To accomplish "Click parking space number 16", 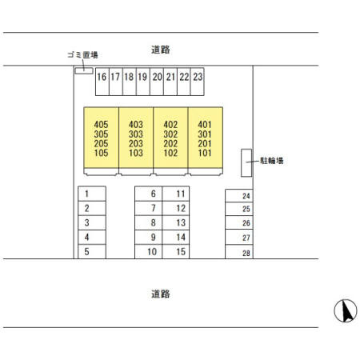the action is (x=102, y=81).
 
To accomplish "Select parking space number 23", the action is (x=198, y=81).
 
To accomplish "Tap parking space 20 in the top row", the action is (x=157, y=81).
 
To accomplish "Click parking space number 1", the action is (x=92, y=194).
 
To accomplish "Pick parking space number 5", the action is (x=92, y=251).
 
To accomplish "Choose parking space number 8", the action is (x=149, y=222).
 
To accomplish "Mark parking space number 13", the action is (x=176, y=222).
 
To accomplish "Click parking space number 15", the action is (x=176, y=251).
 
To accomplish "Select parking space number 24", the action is (x=239, y=196).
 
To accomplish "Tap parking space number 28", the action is (x=239, y=252).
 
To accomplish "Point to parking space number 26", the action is (x=239, y=222).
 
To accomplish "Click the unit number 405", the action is (x=101, y=125).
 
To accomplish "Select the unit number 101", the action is (x=205, y=153).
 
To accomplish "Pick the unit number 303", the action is (x=136, y=134).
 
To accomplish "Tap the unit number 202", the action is (x=170, y=143).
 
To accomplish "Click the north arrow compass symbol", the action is (x=346, y=310).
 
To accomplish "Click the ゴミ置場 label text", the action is (x=82, y=55).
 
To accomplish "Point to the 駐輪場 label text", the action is (x=272, y=161).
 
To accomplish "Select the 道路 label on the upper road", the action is (x=161, y=50).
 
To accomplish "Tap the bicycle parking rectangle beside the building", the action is (x=246, y=162).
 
